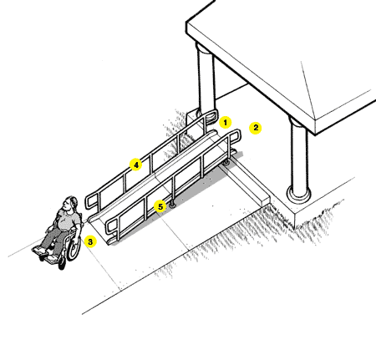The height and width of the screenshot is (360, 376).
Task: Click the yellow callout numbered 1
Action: click(x=225, y=122)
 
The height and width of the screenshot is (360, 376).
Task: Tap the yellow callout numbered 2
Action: click(x=256, y=128)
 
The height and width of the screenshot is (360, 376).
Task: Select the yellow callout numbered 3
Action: click(x=90, y=241)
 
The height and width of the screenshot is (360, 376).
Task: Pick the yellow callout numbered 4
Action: click(x=136, y=165)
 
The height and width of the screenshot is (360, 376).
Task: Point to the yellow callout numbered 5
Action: click(x=160, y=206)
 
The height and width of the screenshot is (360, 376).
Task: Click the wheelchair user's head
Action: click(x=69, y=204)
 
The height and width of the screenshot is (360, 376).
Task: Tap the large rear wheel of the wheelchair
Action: click(x=74, y=247)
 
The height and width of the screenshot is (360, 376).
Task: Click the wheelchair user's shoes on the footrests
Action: click(x=44, y=254)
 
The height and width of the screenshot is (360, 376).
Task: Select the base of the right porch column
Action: click(x=299, y=194)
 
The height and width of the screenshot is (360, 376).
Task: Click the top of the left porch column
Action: click(x=206, y=49)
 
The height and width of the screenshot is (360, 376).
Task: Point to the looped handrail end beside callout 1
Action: click(x=211, y=115)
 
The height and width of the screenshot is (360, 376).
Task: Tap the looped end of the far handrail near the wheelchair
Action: click(x=92, y=200)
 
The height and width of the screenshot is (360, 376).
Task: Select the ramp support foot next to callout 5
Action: click(x=172, y=205)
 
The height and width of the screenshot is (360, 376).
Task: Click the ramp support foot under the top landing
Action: click(x=227, y=162)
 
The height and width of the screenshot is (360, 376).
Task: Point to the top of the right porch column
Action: click(x=298, y=123)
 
